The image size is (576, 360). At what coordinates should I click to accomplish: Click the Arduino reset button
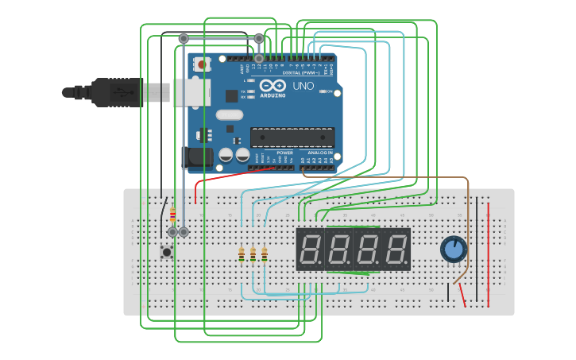pyautogui.click(x=202, y=64)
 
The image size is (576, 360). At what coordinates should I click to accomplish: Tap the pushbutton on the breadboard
pyautogui.click(x=167, y=253)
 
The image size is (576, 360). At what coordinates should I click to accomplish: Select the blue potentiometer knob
pyautogui.click(x=454, y=250)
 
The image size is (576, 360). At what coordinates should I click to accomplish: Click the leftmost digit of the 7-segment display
pyautogui.click(x=310, y=250)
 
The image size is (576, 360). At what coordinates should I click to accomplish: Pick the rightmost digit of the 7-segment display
pyautogui.click(x=396, y=250)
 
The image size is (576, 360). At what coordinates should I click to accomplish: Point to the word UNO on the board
pyautogui.click(x=303, y=86)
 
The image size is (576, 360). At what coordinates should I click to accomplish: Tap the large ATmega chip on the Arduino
pyautogui.click(x=292, y=137)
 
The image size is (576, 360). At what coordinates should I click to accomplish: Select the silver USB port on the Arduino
pyautogui.click(x=191, y=92)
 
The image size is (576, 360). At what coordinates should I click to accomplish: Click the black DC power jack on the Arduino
pyautogui.click(x=197, y=157)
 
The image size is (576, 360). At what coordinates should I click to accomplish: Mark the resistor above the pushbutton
pyautogui.click(x=172, y=214)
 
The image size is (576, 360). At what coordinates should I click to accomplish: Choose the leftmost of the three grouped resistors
pyautogui.click(x=242, y=254)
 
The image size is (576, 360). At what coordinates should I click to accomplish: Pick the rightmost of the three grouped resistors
pyautogui.click(x=265, y=254)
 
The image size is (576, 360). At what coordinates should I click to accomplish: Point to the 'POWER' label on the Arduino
pyautogui.click(x=284, y=153)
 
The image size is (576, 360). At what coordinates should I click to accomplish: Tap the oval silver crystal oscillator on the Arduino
pyautogui.click(x=229, y=114)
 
